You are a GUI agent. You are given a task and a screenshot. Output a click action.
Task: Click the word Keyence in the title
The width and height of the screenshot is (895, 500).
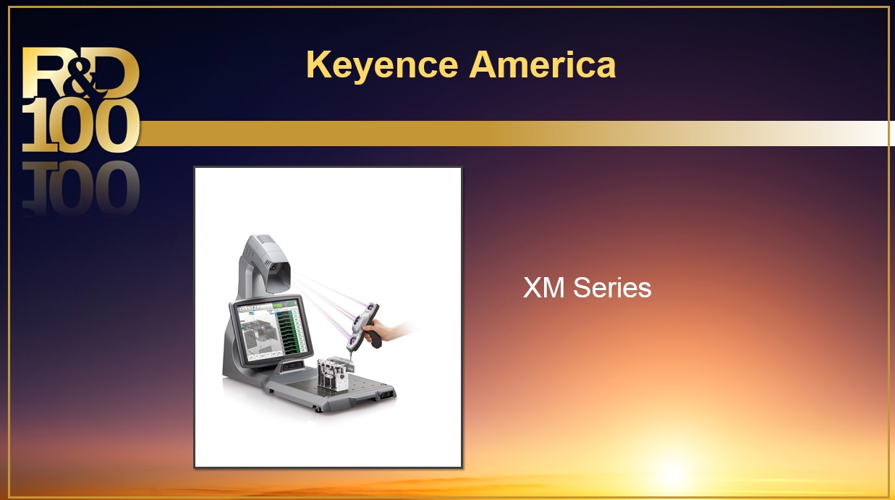(381, 66)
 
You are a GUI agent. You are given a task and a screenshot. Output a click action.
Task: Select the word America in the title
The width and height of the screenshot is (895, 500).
(542, 64)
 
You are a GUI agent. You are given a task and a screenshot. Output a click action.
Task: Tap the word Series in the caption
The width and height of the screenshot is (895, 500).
(612, 288)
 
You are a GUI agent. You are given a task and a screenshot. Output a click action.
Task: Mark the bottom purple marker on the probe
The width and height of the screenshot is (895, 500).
(352, 340)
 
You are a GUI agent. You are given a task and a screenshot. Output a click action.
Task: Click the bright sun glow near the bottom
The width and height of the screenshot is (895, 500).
(673, 472)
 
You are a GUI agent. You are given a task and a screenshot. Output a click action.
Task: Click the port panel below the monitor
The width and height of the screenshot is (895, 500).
(293, 365)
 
